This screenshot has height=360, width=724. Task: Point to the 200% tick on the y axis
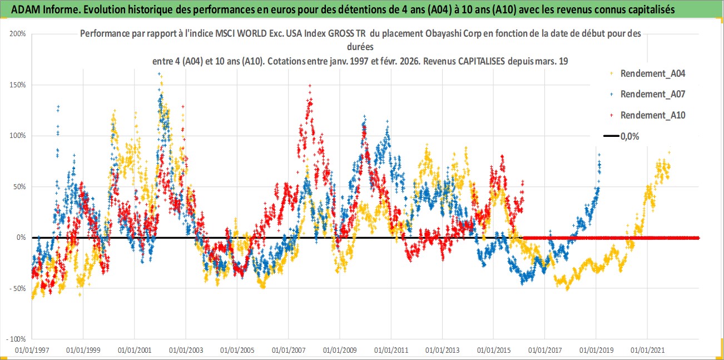tap(18, 34)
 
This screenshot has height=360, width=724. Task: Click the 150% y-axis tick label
tap(18, 85)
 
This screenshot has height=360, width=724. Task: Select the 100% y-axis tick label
tap(18, 136)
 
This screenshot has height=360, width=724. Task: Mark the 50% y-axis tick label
tap(19, 187)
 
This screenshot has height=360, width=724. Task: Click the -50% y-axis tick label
tap(18, 289)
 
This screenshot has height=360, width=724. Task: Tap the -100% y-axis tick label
tap(17, 339)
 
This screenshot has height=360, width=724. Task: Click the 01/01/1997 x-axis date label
tap(32, 351)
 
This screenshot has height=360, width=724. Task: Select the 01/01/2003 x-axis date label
tap(186, 351)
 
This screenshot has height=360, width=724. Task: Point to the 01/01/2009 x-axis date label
tap(340, 351)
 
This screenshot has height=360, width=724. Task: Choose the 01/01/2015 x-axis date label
tap(494, 351)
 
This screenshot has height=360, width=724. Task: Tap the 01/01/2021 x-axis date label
tap(647, 351)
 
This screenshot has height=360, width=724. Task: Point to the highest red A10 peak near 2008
tap(310, 86)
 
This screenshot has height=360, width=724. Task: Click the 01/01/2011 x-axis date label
tap(391, 351)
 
